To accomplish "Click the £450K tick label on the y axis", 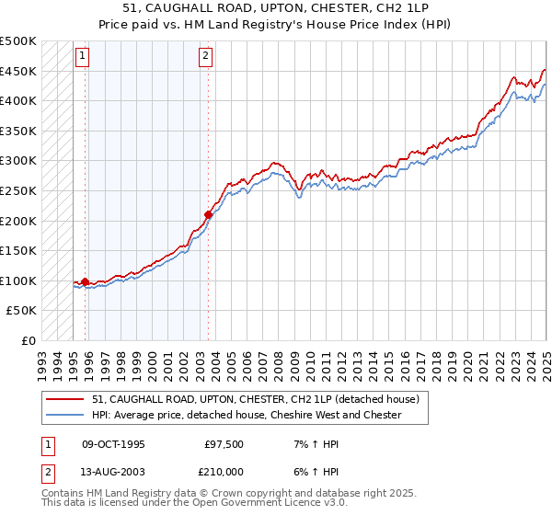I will (x=19, y=71).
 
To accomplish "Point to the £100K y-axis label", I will (x=19, y=280).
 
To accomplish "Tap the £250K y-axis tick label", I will (x=19, y=190).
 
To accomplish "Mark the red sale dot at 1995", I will (x=86, y=281).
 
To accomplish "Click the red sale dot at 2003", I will (x=209, y=214).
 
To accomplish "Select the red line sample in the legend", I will (x=67, y=399).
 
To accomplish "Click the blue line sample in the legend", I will (x=67, y=415).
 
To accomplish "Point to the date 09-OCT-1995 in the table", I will (x=113, y=444).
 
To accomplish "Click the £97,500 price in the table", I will (x=224, y=444).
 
